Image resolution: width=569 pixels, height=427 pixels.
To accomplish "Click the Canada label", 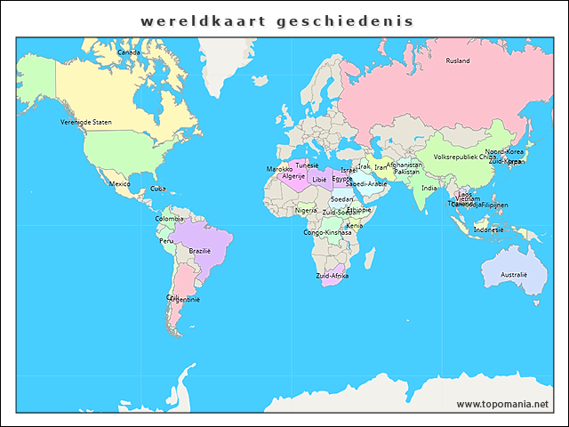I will click(129, 52).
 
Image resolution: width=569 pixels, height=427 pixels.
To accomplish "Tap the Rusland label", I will click(458, 61).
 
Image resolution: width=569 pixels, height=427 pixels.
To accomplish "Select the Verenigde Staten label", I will click(86, 122).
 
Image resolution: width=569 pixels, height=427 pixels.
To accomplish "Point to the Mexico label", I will click(120, 184).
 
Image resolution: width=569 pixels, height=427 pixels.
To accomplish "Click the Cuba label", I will click(157, 189).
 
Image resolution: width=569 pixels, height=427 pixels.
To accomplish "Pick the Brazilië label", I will click(200, 251).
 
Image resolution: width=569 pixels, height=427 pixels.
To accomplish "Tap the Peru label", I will click(166, 241).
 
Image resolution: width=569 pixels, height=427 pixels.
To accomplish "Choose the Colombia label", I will click(170, 219).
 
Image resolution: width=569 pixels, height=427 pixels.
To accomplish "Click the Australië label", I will click(514, 275).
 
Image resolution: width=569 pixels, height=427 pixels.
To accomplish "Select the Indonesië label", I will click(489, 230).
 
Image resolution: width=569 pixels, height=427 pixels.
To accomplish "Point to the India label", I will click(429, 189).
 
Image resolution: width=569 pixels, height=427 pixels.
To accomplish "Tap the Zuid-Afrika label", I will click(333, 276).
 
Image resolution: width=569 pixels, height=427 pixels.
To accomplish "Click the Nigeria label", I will click(306, 211).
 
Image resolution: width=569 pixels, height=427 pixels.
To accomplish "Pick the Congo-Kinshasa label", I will click(327, 233).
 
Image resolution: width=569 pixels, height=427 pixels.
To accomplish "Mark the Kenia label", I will click(355, 225).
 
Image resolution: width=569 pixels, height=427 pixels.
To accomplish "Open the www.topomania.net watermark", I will click(502, 404).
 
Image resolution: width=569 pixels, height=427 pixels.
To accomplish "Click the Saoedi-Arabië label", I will click(366, 184).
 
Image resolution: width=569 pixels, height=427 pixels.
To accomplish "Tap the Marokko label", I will click(279, 169).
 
